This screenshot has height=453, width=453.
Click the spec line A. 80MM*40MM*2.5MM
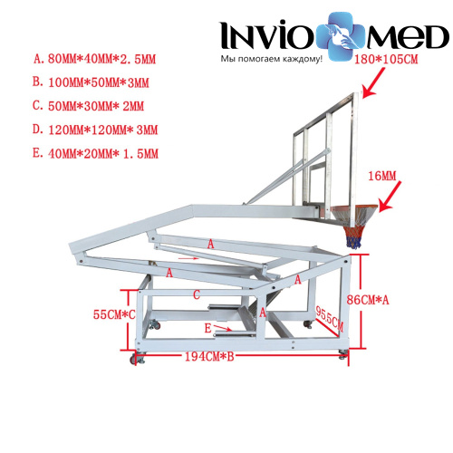[94, 59]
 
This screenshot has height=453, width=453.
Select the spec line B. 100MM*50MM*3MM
[91, 82]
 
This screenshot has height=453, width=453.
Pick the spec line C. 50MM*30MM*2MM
[88, 106]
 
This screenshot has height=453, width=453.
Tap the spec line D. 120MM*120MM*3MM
[95, 130]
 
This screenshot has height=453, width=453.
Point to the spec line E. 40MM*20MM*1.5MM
[95, 153]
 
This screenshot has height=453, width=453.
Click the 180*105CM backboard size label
[386, 59]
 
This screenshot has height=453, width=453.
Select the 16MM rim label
[381, 176]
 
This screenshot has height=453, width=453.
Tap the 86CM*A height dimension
[368, 300]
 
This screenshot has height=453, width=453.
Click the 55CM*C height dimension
[114, 314]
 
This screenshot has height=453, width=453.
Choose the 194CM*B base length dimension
[209, 357]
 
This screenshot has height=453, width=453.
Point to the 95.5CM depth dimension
[329, 318]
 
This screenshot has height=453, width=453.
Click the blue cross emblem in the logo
[342, 36]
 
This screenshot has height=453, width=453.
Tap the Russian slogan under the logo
[271, 59]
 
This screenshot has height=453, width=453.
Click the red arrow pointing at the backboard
[373, 82]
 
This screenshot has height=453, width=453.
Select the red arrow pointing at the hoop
[390, 196]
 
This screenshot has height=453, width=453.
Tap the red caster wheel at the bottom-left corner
[133, 360]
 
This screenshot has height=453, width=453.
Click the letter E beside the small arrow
[207, 328]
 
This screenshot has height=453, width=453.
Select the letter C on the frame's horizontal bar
[197, 294]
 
